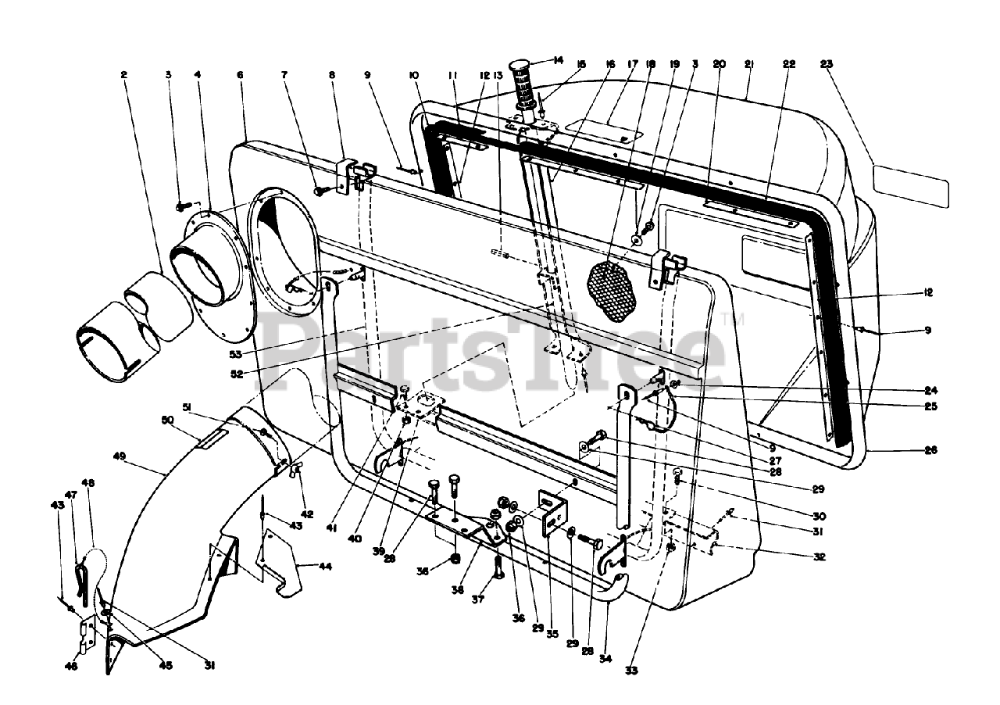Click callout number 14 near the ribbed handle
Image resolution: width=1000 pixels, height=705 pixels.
(558, 60)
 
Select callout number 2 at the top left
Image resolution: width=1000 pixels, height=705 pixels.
(123, 75)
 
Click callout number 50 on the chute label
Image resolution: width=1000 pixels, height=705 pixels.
(166, 420)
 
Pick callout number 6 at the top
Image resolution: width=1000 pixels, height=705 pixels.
(240, 75)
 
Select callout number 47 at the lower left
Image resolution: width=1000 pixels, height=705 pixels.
(70, 496)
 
